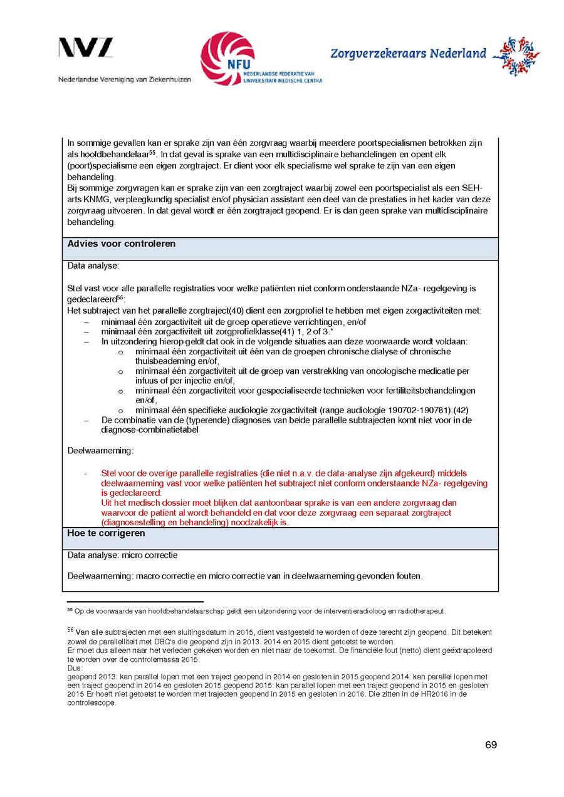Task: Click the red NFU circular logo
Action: [x=227, y=58]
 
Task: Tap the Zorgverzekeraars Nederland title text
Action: [x=408, y=54]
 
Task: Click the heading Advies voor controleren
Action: [x=122, y=244]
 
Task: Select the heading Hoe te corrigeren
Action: [x=106, y=533]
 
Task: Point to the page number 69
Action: [x=491, y=745]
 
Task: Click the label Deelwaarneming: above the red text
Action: [x=100, y=450]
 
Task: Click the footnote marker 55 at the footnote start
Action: [x=70, y=610]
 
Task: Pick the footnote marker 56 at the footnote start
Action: [x=70, y=630]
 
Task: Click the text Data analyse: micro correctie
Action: [x=122, y=555]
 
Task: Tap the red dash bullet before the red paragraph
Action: [x=86, y=473]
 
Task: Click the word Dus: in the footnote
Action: [x=75, y=668]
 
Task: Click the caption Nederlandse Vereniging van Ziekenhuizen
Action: [x=125, y=80]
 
